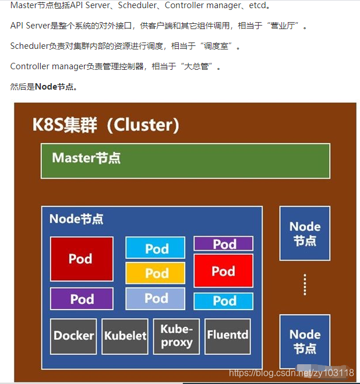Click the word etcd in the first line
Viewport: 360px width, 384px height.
click(x=260, y=6)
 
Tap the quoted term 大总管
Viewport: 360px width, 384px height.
click(x=199, y=67)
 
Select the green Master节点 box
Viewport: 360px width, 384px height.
click(x=185, y=161)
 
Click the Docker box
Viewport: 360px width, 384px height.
click(x=73, y=336)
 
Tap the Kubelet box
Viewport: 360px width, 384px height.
click(x=125, y=336)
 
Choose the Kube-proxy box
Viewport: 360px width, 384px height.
click(x=177, y=336)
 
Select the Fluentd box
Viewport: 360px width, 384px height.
click(x=228, y=336)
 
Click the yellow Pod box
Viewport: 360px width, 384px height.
click(x=156, y=273)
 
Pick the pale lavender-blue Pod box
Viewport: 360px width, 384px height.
click(x=156, y=298)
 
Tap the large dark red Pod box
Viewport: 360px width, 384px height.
click(x=82, y=259)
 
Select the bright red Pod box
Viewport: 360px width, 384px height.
click(x=223, y=271)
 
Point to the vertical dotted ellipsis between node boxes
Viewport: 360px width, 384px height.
click(x=305, y=285)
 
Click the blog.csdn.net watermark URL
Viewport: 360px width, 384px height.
click(x=291, y=372)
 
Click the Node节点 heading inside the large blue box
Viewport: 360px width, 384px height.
click(x=76, y=219)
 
